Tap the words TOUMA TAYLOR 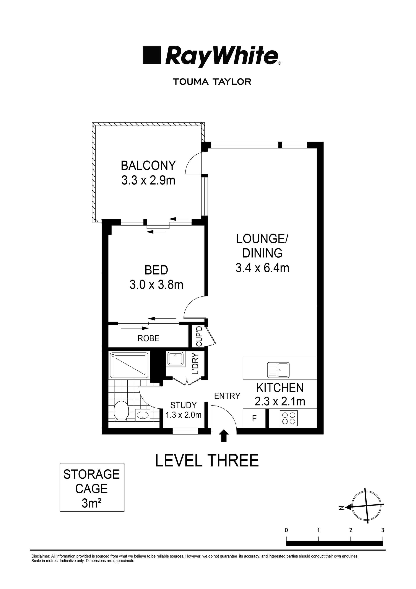212,82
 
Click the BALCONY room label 148,166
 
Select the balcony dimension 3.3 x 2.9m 148,180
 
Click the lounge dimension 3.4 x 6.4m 262,268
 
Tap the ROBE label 148,338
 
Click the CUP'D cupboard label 199,336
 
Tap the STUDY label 183,405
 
